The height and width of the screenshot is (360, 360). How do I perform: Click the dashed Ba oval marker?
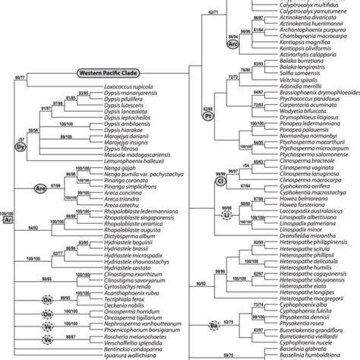click(x=215, y=327)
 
